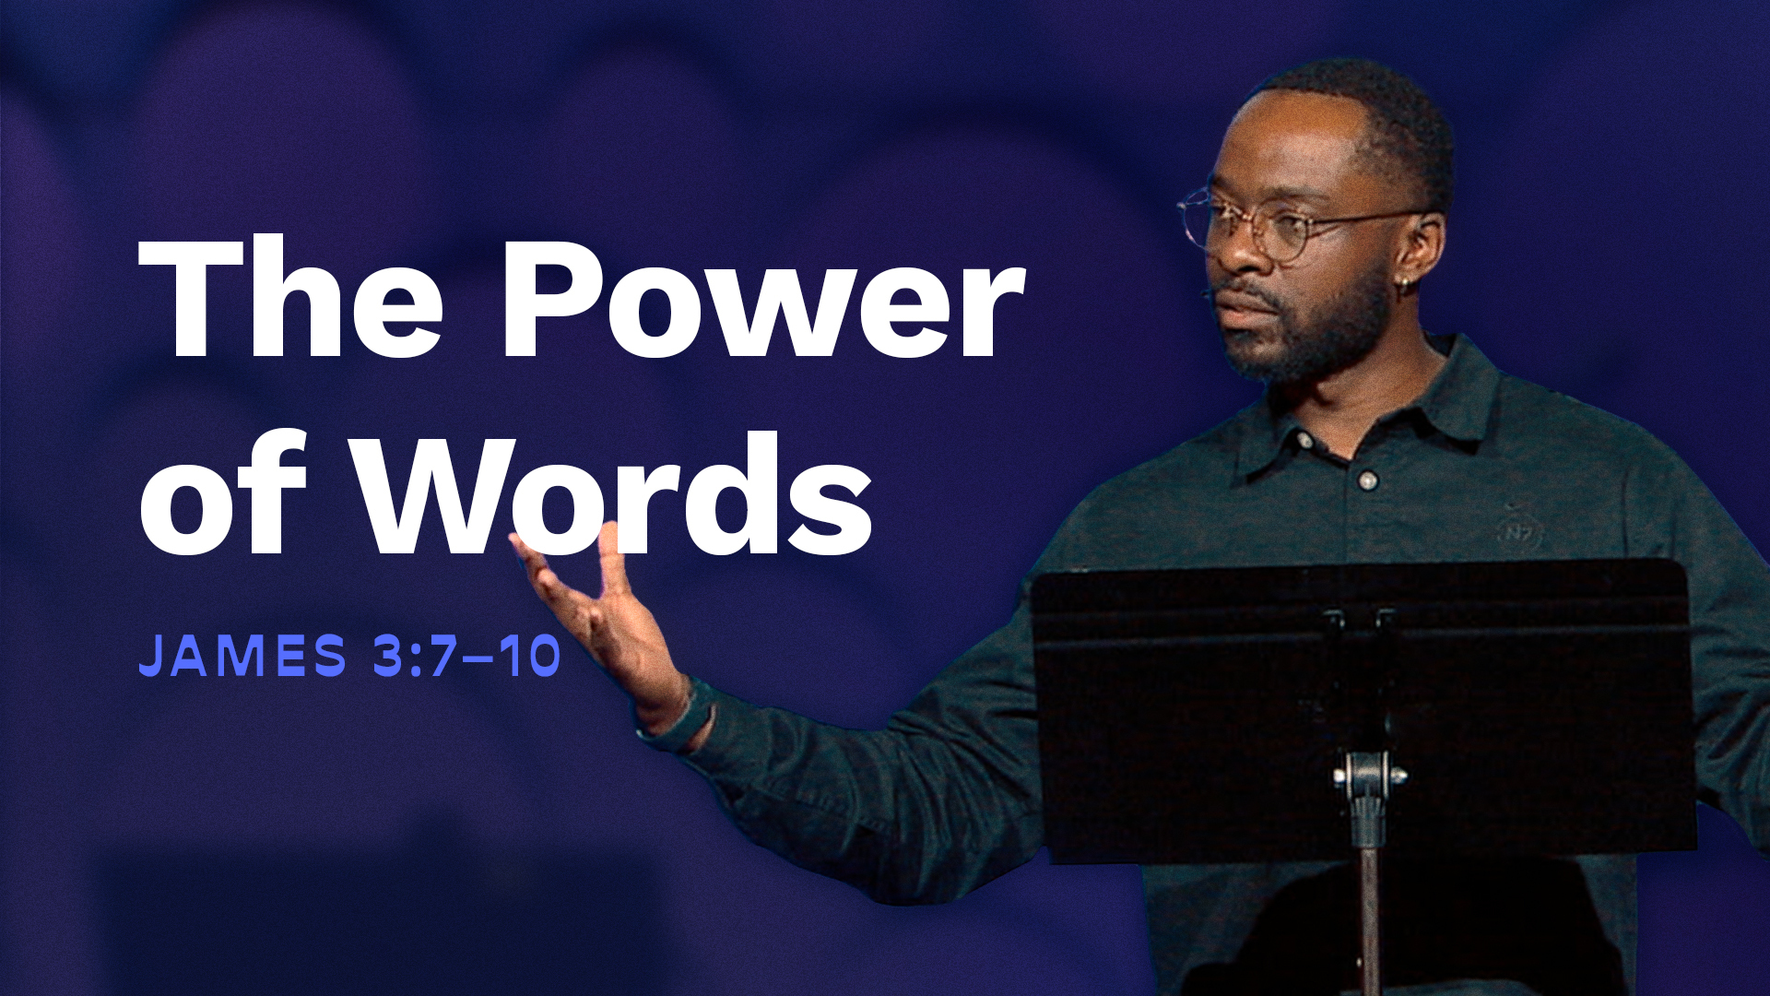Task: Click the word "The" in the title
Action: [x=291, y=297]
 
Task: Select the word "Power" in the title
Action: [x=763, y=297]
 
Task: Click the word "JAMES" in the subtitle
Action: [x=242, y=656]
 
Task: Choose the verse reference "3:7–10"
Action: [x=467, y=656]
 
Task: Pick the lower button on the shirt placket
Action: [x=1368, y=480]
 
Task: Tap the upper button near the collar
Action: [x=1304, y=441]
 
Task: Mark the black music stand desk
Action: [x=1363, y=710]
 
